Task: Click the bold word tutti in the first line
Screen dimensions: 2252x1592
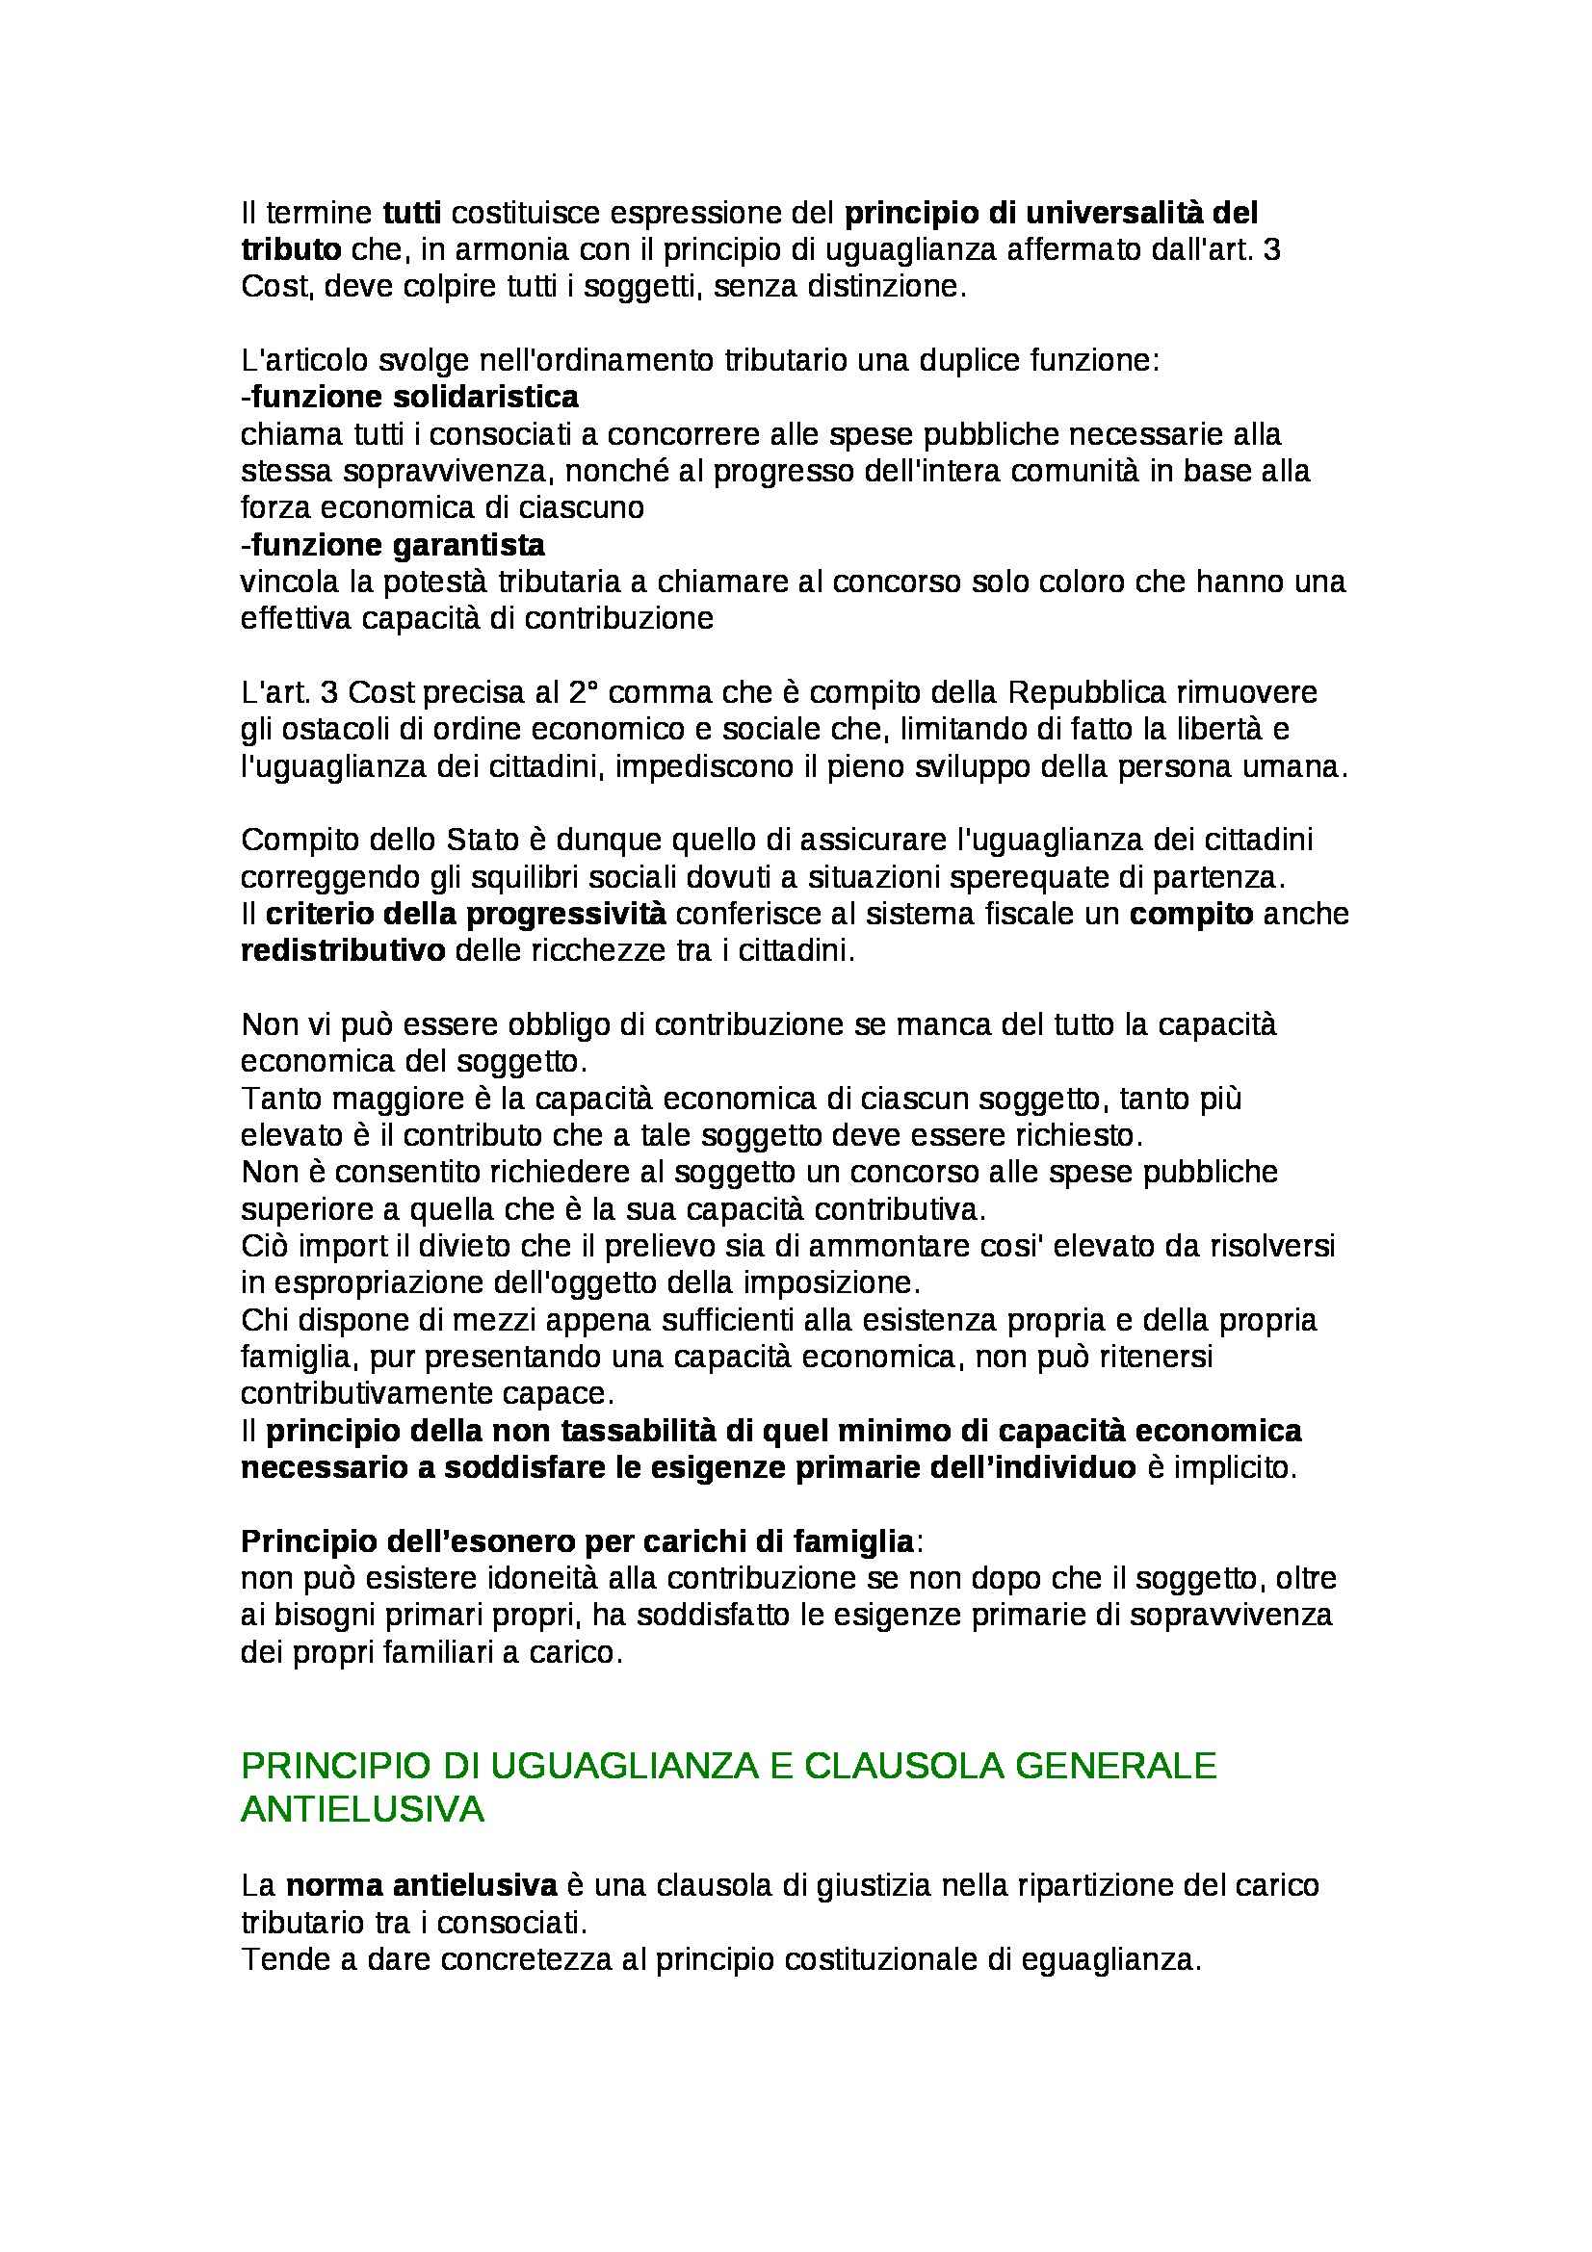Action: tap(412, 212)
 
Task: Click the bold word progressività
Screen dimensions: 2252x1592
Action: tap(564, 914)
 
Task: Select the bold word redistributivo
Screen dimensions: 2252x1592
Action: tap(343, 951)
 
